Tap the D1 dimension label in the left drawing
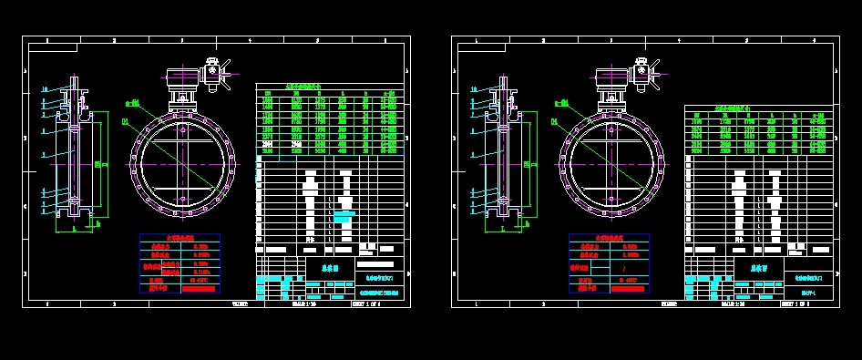[x=125, y=120]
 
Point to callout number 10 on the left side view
[x=44, y=89]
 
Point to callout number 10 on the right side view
[x=473, y=89]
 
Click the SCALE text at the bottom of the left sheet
[x=304, y=303]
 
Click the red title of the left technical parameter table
[x=179, y=238]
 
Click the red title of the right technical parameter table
[x=609, y=238]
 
